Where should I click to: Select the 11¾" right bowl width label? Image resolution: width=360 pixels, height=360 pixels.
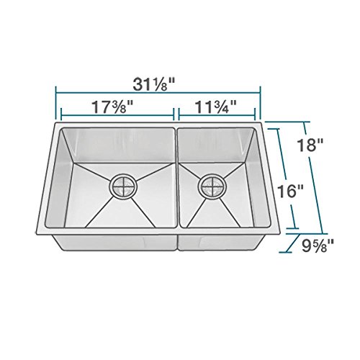(x=216, y=107)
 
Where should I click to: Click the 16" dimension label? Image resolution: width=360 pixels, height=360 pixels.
(x=290, y=192)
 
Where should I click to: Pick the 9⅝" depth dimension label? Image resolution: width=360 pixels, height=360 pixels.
(x=318, y=246)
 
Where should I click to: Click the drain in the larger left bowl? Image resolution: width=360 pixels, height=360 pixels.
(x=123, y=186)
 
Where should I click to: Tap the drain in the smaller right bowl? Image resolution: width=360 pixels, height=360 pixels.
(x=212, y=186)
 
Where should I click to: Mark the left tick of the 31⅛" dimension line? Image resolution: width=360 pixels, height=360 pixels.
(x=55, y=103)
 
